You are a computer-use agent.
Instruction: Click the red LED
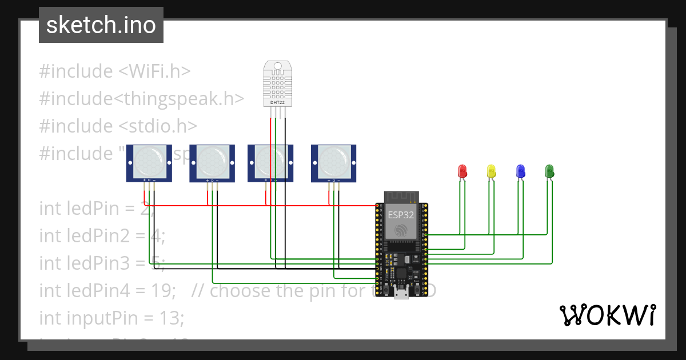tap(462, 170)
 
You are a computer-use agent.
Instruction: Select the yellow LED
tap(491, 170)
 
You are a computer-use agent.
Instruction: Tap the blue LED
tap(520, 170)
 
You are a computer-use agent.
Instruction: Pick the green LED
tap(549, 170)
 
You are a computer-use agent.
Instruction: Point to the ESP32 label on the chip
tap(401, 215)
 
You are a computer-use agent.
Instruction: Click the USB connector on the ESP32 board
tap(401, 294)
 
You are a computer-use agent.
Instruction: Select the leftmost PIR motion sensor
tap(149, 162)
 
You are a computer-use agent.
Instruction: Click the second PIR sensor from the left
tap(212, 162)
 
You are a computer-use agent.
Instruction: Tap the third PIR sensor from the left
tap(270, 162)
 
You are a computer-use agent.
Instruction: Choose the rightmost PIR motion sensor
tap(334, 162)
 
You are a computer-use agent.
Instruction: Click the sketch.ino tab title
tap(101, 25)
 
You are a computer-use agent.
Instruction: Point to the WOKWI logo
tap(607, 315)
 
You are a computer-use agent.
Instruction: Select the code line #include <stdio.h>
tap(118, 126)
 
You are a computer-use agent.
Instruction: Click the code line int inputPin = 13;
tap(111, 318)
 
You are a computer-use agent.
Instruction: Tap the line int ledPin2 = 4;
tap(102, 235)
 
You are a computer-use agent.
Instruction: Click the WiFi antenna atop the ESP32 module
tap(401, 196)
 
